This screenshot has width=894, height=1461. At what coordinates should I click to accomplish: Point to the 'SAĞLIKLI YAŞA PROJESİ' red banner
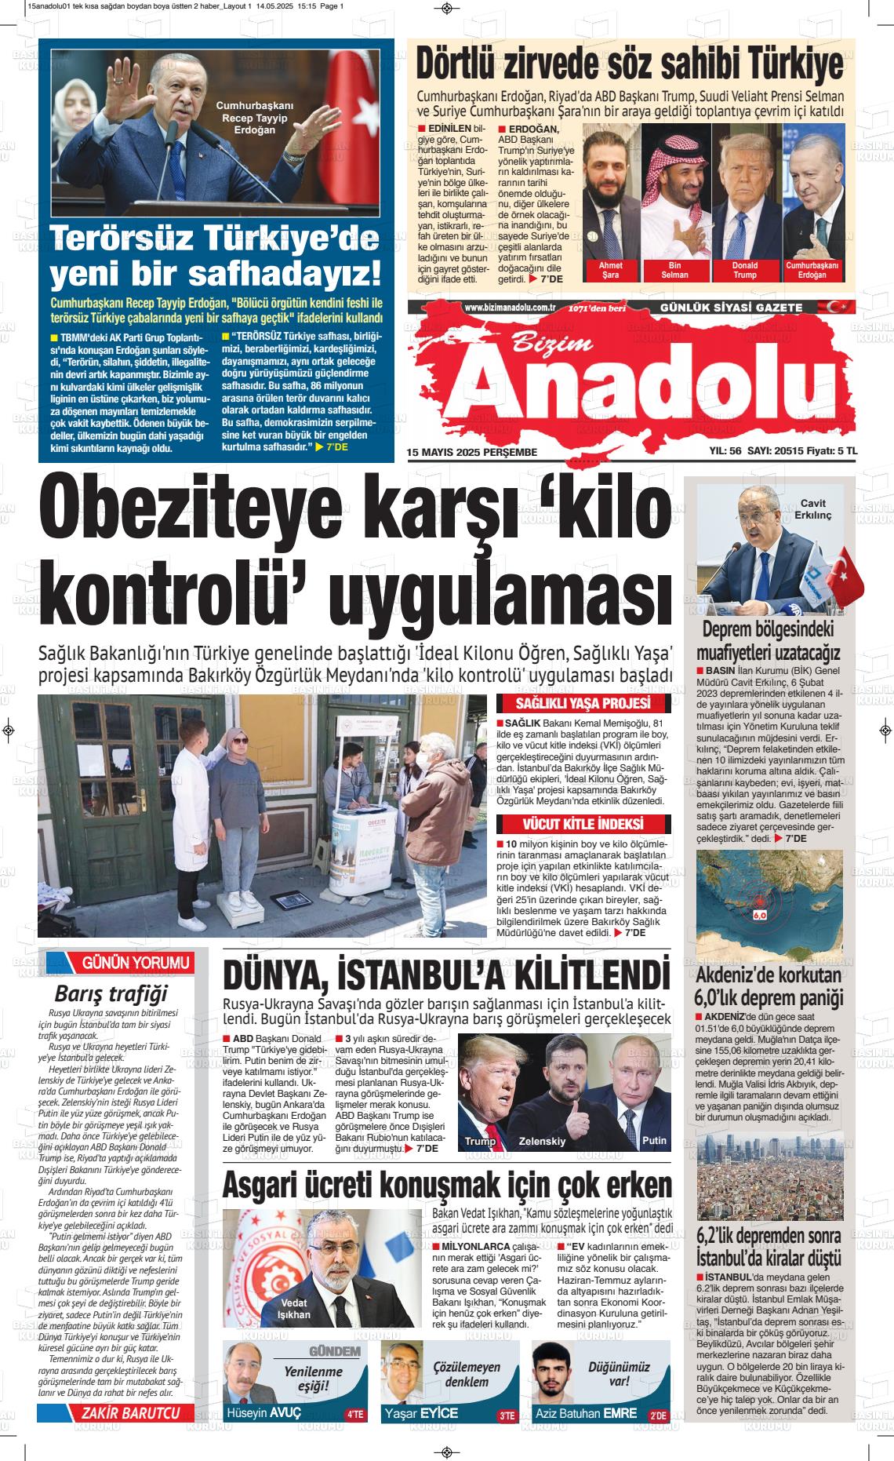coord(583,703)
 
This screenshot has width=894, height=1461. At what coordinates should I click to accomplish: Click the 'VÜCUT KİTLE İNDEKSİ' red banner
coord(583,824)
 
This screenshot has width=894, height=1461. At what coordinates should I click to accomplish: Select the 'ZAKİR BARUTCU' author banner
coord(125,1412)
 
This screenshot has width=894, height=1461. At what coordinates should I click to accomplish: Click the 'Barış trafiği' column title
coord(111,994)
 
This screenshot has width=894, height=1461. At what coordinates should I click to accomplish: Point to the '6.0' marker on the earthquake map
coord(759,915)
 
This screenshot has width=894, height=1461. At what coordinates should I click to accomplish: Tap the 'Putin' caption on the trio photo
coord(653,1139)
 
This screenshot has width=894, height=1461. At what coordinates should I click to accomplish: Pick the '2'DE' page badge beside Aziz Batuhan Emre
coord(657,1415)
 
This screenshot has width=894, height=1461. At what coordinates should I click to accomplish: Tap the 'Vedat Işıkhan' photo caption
coord(295,1309)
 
